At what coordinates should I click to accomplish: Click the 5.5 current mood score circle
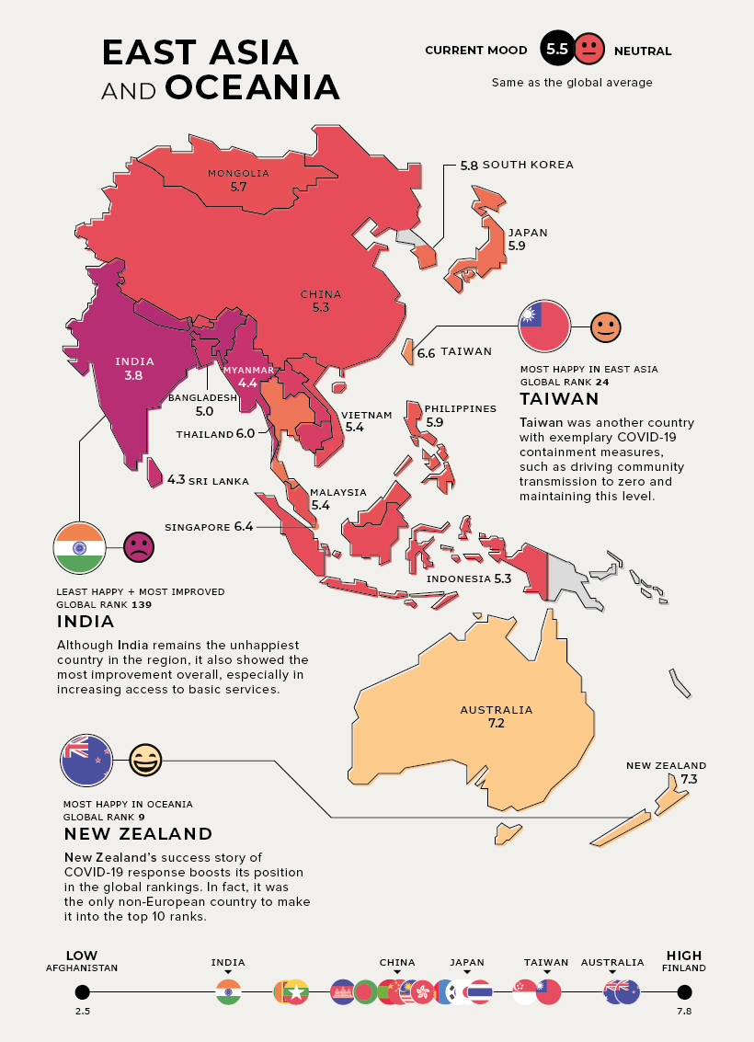(x=556, y=50)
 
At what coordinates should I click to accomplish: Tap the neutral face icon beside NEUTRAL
(x=589, y=50)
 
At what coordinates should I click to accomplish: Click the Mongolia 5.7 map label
(x=238, y=179)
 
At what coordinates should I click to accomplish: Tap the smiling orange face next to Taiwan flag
(x=605, y=326)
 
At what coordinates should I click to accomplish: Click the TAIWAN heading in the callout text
(x=559, y=399)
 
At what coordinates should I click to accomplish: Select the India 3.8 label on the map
(x=134, y=369)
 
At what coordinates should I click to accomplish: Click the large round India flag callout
(x=80, y=548)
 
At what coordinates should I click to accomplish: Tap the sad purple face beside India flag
(x=138, y=548)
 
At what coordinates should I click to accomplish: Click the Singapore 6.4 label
(x=208, y=527)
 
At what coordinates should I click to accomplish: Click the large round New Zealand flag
(x=86, y=761)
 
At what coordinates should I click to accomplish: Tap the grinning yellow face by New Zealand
(x=144, y=761)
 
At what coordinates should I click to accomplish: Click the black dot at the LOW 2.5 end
(x=82, y=991)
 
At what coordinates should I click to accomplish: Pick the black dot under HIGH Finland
(x=683, y=991)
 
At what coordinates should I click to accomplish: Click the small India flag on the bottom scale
(x=228, y=992)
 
